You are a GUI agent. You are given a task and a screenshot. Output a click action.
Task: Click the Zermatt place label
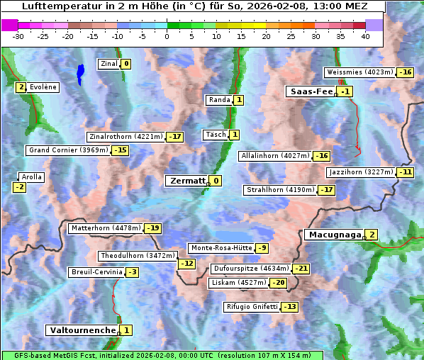tap(186, 181)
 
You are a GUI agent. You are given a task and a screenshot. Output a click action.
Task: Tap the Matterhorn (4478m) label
tap(105, 228)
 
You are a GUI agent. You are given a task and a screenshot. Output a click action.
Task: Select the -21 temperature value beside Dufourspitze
tap(301, 269)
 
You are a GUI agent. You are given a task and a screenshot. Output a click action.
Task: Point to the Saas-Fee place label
tap(310, 91)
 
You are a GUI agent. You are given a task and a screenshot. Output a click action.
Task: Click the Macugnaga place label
tap(333, 235)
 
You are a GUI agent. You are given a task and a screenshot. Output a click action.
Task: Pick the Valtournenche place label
tap(82, 330)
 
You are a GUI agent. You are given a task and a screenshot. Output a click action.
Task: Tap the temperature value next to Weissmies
tap(406, 72)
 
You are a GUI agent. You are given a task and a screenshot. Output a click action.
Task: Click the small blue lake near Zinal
tap(80, 72)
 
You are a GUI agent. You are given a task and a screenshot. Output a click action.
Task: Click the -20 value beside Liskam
tap(279, 283)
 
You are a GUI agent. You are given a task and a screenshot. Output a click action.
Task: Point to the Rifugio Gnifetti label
tap(252, 307)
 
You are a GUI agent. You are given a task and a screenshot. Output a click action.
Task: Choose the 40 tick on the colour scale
tap(365, 36)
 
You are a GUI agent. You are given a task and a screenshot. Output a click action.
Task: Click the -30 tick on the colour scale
tap(18, 36)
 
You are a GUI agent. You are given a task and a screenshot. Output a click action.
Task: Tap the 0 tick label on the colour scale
tap(167, 36)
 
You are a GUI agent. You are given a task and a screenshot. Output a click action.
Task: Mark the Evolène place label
tap(43, 87)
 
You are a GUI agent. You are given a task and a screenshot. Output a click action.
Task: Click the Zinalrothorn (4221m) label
tap(125, 137)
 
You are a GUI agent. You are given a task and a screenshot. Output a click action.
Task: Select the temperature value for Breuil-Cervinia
tap(132, 272)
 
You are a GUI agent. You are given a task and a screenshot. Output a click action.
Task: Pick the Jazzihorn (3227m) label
tap(361, 172)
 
